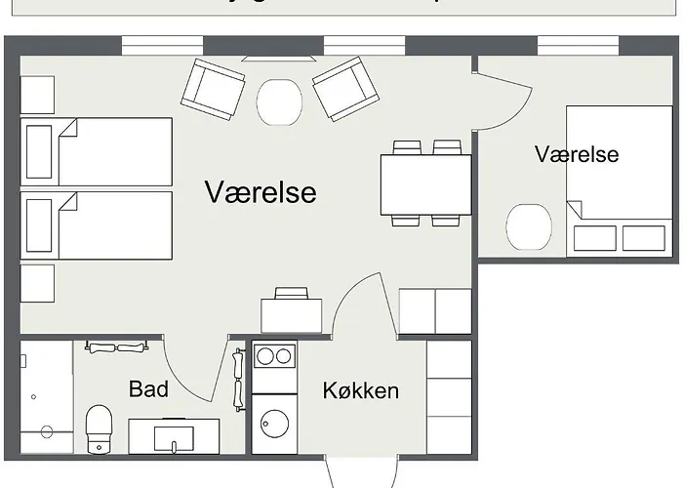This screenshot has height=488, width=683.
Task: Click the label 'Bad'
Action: tap(148, 389)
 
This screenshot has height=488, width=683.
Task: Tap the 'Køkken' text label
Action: tap(361, 390)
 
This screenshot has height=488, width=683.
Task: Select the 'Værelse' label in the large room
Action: tap(261, 192)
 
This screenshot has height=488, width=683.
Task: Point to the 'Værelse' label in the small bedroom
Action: tap(577, 153)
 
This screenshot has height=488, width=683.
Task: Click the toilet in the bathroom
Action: tap(99, 427)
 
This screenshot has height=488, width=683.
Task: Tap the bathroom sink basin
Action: tap(174, 434)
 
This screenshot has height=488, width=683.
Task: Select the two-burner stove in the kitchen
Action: tap(275, 356)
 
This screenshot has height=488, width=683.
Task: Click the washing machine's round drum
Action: tap(274, 425)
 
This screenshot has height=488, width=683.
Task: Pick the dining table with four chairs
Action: tap(425, 185)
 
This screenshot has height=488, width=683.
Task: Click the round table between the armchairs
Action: tap(280, 100)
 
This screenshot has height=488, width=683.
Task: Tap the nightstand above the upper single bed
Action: tap(38, 95)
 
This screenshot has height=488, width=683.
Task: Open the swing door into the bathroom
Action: tap(190, 371)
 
